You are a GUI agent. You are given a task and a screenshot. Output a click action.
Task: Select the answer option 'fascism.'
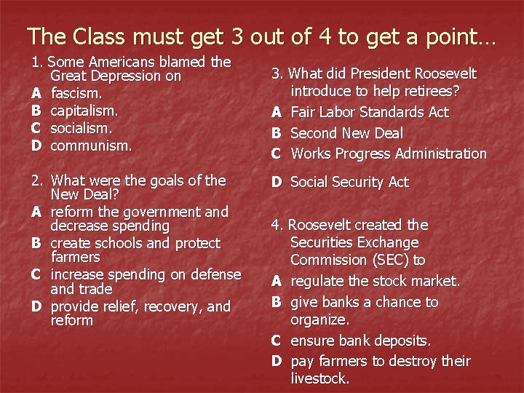point(77,94)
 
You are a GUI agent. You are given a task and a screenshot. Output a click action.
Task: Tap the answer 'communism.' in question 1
point(91,145)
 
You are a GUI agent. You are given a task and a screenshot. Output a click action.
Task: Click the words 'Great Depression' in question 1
point(116,76)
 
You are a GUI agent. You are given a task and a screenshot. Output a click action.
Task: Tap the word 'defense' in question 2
point(215,274)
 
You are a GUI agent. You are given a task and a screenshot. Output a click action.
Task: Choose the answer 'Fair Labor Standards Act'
point(370,112)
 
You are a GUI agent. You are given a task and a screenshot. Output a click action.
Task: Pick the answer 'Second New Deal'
point(346,133)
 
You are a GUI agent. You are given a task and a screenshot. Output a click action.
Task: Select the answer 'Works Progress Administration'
point(389,154)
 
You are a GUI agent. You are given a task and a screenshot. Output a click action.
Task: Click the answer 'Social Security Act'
point(349,182)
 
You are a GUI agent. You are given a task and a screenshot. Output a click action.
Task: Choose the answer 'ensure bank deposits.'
point(361,340)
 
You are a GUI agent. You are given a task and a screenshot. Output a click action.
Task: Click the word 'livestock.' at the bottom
point(320,378)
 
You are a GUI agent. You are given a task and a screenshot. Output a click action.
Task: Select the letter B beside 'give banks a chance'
point(277,302)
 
